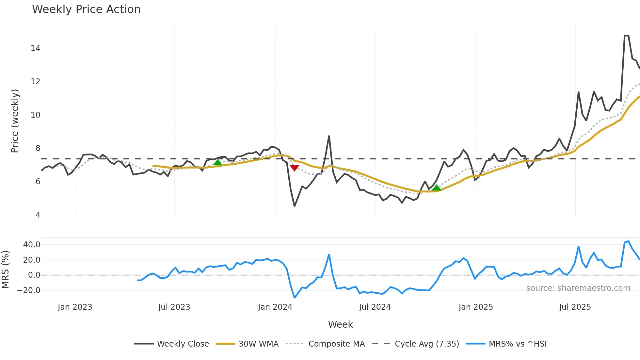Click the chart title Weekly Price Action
pyautogui.click(x=86, y=9)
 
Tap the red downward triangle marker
pyautogui.click(x=295, y=168)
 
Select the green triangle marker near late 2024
pyautogui.click(x=436, y=188)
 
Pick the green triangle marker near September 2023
pyautogui.click(x=217, y=162)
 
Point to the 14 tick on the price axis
pyautogui.click(x=35, y=48)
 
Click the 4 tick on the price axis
pyautogui.click(x=38, y=215)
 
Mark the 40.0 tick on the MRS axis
pyautogui.click(x=32, y=245)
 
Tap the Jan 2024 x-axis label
pyautogui.click(x=275, y=307)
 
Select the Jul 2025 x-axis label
pyautogui.click(x=575, y=307)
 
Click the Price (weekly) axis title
pyautogui.click(x=15, y=121)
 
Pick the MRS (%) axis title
pyautogui.click(x=5, y=270)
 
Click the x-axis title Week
pyautogui.click(x=340, y=324)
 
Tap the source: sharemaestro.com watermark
pyautogui.click(x=578, y=288)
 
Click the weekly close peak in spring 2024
pyautogui.click(x=329, y=136)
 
